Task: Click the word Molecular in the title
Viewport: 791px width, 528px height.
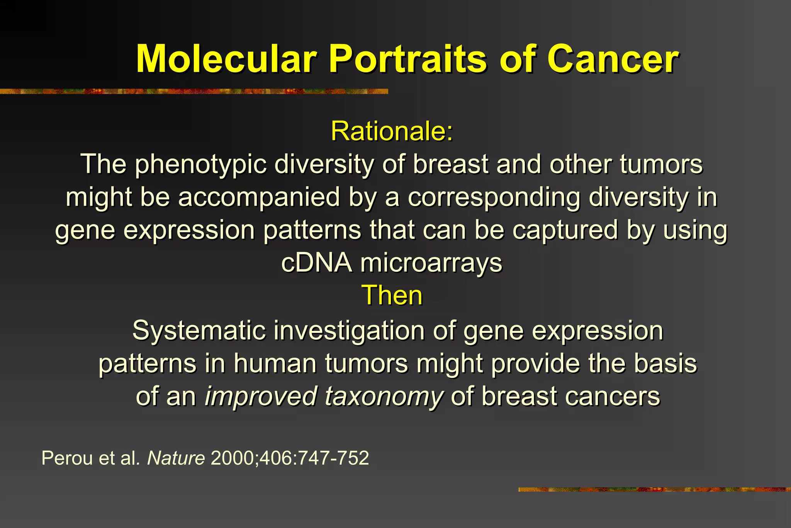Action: click(226, 59)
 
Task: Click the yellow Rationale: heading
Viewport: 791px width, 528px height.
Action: click(392, 131)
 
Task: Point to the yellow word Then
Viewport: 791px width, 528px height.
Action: click(392, 295)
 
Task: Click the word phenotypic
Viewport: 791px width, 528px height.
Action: click(201, 165)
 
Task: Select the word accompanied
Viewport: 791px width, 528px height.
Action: click(259, 197)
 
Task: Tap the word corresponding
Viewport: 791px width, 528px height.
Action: click(494, 197)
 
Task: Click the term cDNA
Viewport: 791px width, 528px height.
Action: click(316, 263)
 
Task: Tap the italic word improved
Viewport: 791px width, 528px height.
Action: click(260, 397)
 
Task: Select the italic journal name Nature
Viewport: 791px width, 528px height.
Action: click(176, 458)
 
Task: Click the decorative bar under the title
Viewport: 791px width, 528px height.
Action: click(193, 92)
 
